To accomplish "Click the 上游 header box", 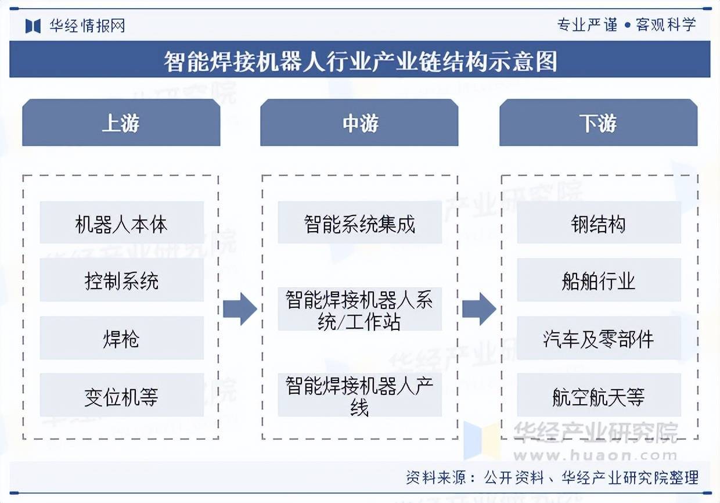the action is click(x=121, y=123).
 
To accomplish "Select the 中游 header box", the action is click(x=359, y=123).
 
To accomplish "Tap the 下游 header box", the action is click(x=598, y=123).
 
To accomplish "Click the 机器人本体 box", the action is click(x=121, y=222).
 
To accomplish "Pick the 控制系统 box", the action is click(x=121, y=280).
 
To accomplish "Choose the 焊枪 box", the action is click(x=121, y=337).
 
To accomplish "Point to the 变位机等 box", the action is click(x=121, y=395).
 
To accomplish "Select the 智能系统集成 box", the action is click(x=359, y=222).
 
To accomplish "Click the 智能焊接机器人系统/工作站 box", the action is click(x=359, y=309).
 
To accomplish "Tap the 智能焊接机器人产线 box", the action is click(x=359, y=395).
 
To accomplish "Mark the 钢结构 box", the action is click(x=599, y=222).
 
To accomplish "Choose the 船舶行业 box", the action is click(x=599, y=280).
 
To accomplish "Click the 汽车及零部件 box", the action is click(x=599, y=337).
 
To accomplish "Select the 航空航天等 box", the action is click(x=599, y=395).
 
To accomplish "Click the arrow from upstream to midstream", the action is click(x=240, y=309).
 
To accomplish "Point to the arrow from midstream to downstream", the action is click(x=479, y=309).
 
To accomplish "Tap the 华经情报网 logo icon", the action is click(x=33, y=26).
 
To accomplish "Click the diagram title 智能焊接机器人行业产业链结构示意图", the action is click(x=361, y=61).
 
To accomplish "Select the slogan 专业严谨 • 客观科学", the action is click(x=627, y=25).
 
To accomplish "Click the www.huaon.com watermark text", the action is click(x=596, y=455).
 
